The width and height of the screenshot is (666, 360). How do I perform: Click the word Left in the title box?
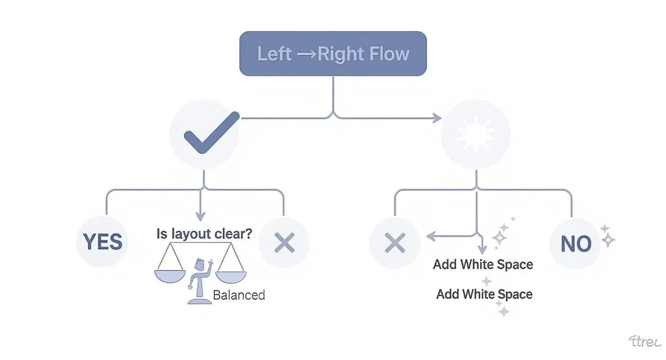point(274,54)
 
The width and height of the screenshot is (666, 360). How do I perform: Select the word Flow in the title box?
point(391,54)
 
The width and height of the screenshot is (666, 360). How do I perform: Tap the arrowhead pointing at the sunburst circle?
point(436,118)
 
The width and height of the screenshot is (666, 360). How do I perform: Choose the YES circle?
point(102,242)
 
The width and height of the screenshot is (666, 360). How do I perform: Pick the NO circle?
point(576,244)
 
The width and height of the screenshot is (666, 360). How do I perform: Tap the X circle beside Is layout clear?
point(284,243)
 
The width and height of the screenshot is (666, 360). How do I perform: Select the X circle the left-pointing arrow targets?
point(395,243)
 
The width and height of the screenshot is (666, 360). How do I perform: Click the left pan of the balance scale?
point(169,275)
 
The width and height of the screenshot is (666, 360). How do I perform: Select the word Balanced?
point(239,294)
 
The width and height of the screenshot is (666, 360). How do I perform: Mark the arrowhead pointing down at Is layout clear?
point(200,216)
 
